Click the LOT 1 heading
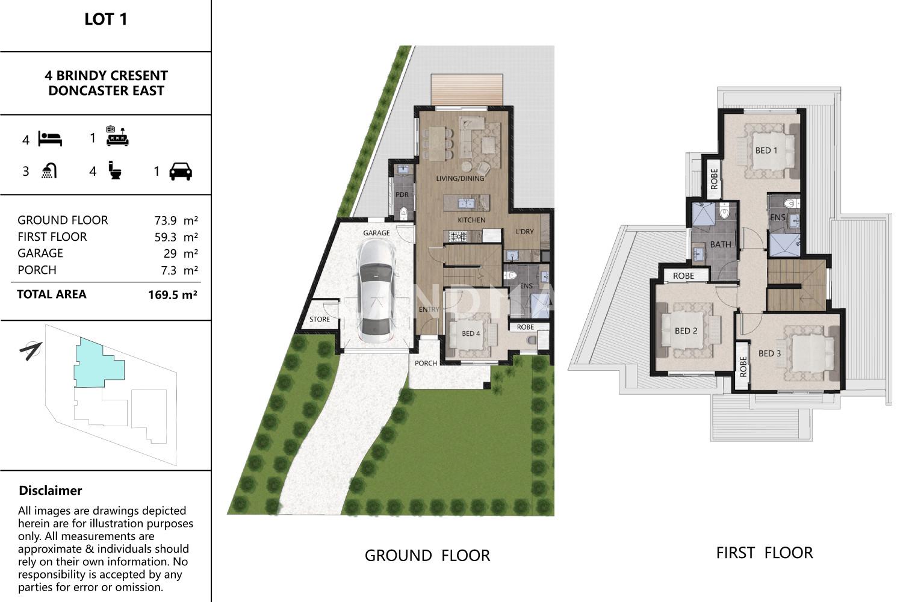point(105,19)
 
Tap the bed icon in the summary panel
point(50,138)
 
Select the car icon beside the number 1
point(181,172)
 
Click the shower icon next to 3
point(49,171)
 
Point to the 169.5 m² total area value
point(173,295)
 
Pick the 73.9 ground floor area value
point(166,220)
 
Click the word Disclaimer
point(51,490)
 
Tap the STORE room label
point(320,319)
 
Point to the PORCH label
point(426,363)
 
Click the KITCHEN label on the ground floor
point(471,220)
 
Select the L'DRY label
point(525,231)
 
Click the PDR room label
point(402,194)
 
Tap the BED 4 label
point(471,334)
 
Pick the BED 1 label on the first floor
point(766,150)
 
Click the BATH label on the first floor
point(721,244)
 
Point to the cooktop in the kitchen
point(458,236)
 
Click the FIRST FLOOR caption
point(765,553)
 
